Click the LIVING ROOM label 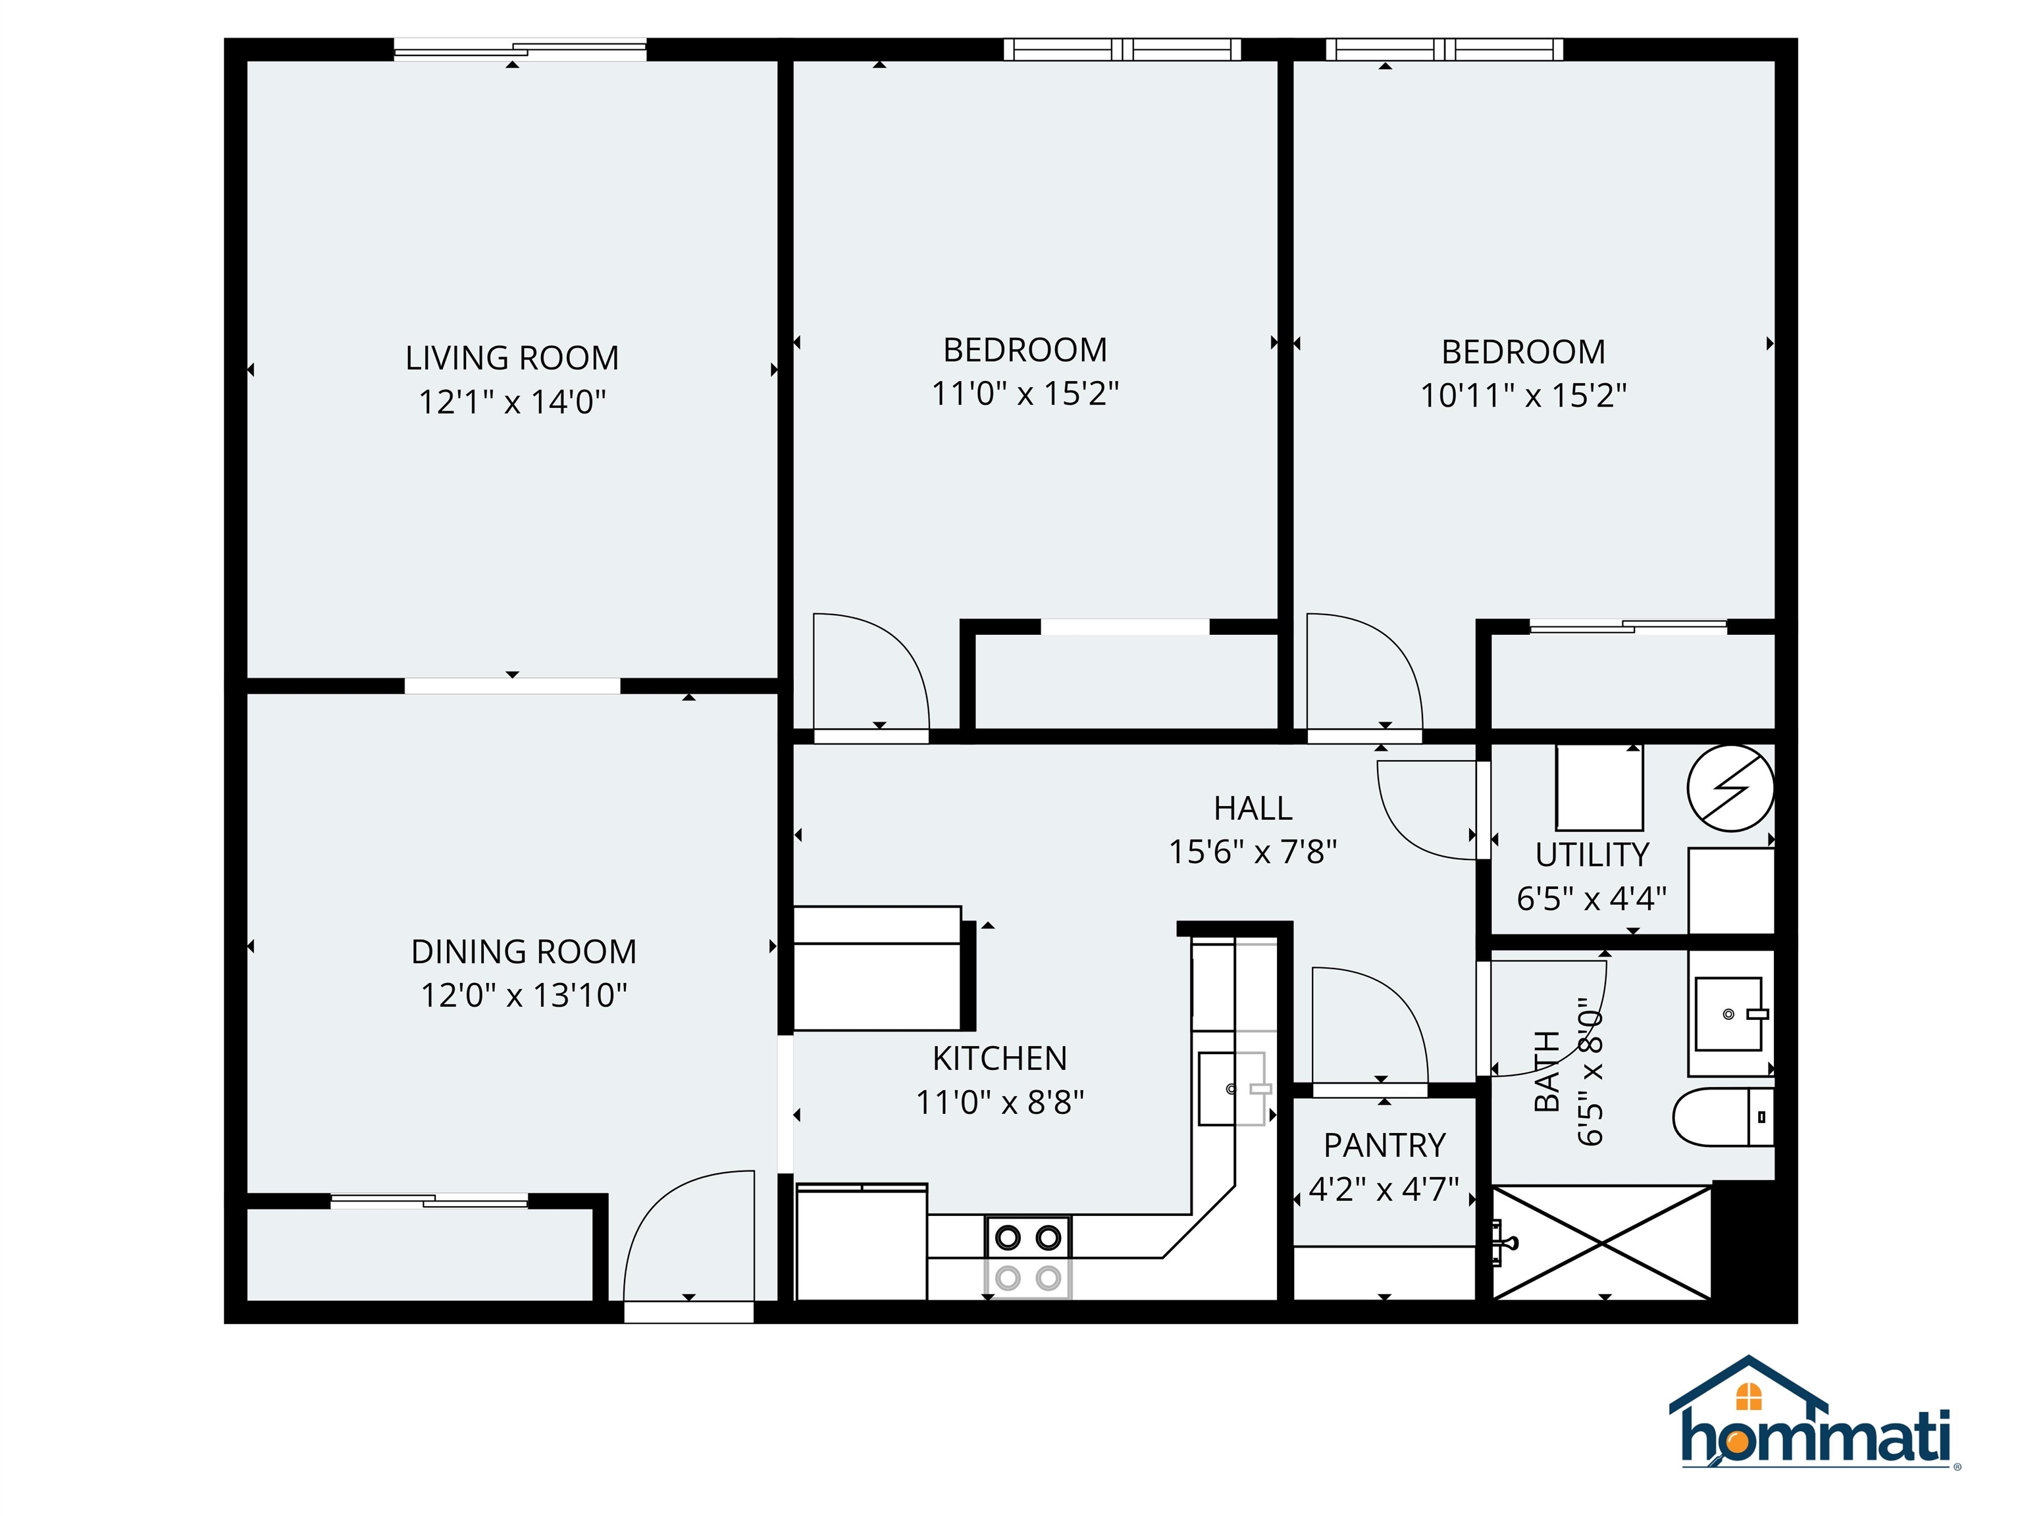click(512, 357)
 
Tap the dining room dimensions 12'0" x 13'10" click(524, 995)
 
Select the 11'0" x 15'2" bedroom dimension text click(1025, 394)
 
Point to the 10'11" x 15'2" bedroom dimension click(1523, 395)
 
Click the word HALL click(1253, 808)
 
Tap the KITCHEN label click(999, 1058)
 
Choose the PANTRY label click(1384, 1145)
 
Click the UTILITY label click(1592, 855)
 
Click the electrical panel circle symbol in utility click(1730, 788)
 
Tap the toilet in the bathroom click(1722, 1117)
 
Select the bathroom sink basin click(1728, 1013)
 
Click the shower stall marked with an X click(1601, 1243)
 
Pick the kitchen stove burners click(1027, 1257)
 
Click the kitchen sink click(1230, 1088)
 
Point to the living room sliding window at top click(519, 50)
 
